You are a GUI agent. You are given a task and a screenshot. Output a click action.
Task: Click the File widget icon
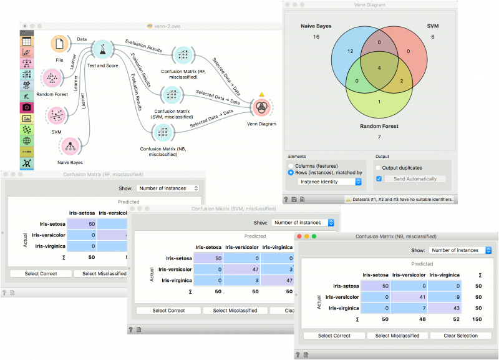(60, 44)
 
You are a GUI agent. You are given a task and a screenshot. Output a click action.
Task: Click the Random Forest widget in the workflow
(52, 79)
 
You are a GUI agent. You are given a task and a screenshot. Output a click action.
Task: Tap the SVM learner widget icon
(57, 115)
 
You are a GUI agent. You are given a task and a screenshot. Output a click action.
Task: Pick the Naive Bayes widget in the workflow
(70, 147)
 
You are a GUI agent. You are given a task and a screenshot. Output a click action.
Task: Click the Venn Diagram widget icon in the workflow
(261, 107)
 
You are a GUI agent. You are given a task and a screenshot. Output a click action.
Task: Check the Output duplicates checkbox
(379, 167)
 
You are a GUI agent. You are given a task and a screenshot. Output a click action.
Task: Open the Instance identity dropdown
(329, 182)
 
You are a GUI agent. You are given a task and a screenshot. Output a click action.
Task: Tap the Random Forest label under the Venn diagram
(379, 126)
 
